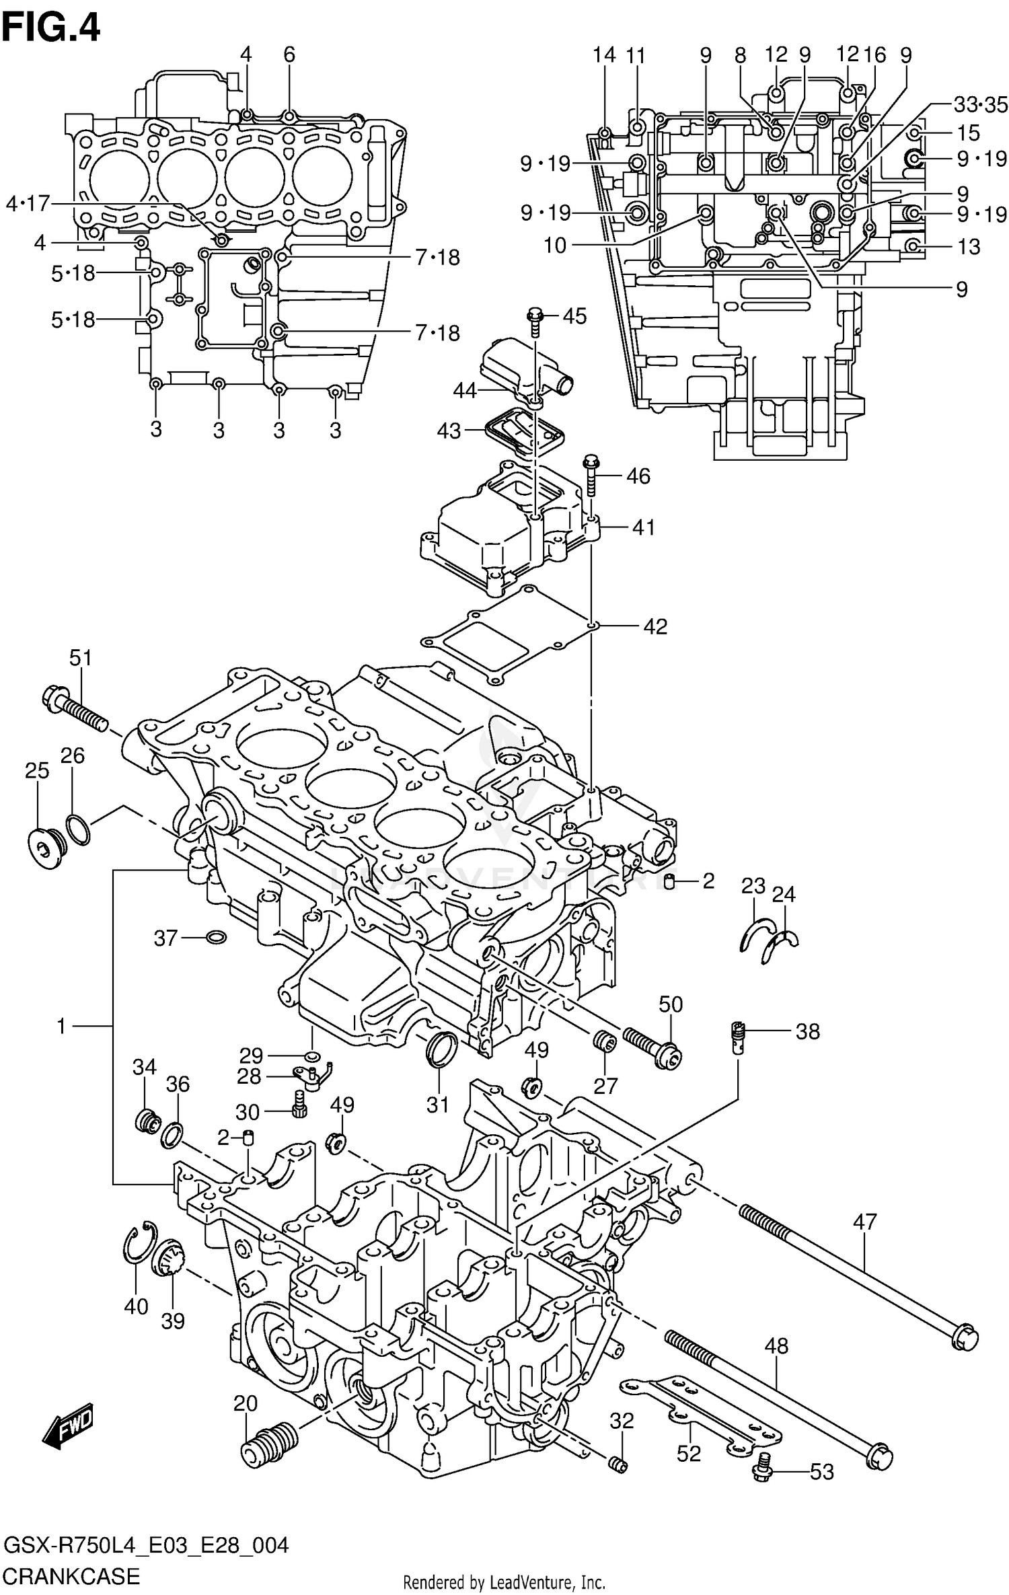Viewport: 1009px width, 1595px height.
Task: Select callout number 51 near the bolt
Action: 80,657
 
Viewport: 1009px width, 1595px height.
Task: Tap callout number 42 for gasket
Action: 655,626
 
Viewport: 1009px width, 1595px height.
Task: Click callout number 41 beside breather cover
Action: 644,527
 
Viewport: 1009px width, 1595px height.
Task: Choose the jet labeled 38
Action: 738,1037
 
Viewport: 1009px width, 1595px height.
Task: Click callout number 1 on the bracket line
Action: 61,1026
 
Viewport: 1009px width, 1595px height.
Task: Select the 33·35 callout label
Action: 980,104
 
